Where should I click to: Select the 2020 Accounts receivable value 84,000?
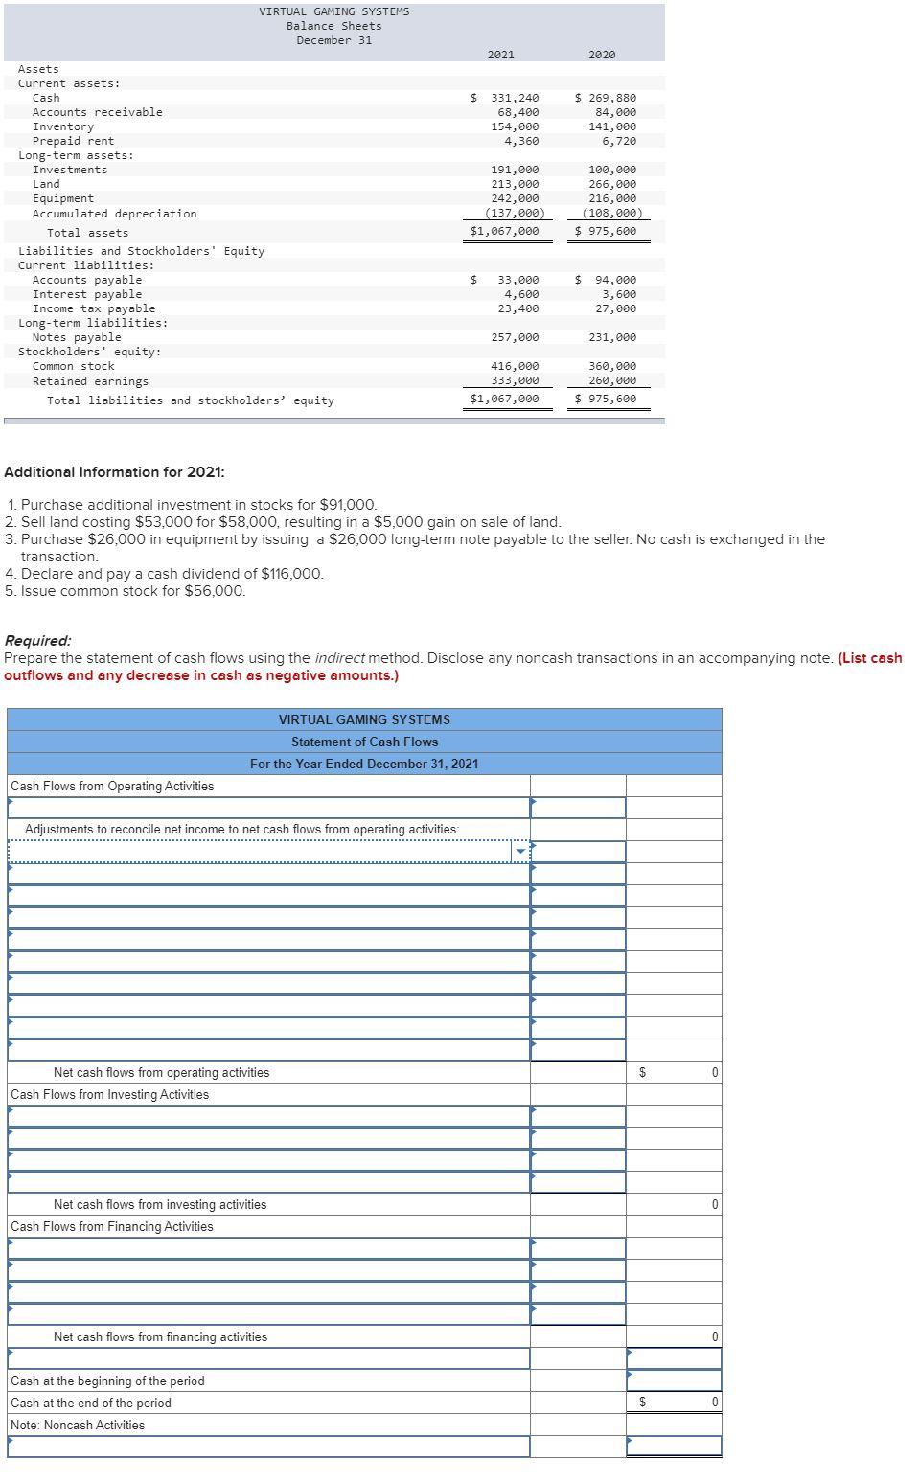pos(617,112)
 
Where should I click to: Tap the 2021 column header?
pos(500,55)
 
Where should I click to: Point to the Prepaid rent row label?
pos(73,141)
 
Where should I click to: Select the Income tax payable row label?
pos(94,308)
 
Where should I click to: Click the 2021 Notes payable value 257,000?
pos(515,337)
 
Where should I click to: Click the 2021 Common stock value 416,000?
pos(515,366)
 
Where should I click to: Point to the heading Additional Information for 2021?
pos(115,472)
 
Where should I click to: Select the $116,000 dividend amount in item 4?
pos(292,574)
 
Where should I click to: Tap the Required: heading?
pos(38,641)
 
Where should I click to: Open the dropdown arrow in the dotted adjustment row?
pos(521,852)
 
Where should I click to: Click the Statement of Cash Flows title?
pos(364,742)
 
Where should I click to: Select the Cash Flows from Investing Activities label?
pos(109,1094)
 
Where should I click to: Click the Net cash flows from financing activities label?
pos(160,1336)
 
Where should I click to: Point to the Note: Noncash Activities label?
pos(78,1425)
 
